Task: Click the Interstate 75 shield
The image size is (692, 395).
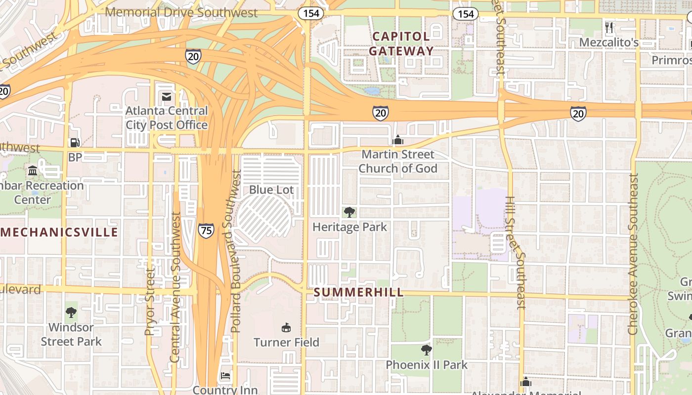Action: click(x=206, y=230)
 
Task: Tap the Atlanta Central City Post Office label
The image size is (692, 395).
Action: click(x=166, y=118)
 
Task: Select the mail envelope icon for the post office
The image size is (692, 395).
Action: click(x=166, y=97)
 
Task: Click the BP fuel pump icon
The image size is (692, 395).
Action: click(x=75, y=143)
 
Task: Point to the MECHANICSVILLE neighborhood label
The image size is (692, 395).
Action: click(x=59, y=232)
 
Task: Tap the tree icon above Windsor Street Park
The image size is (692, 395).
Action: click(x=71, y=312)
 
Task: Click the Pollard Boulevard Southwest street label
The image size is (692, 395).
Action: click(x=236, y=252)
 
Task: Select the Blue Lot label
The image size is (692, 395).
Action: click(x=271, y=190)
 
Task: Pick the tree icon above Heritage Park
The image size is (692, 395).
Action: click(x=349, y=212)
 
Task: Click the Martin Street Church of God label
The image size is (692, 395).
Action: click(x=398, y=161)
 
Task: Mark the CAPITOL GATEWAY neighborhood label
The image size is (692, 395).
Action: click(x=401, y=43)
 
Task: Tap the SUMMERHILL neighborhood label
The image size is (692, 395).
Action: click(x=359, y=292)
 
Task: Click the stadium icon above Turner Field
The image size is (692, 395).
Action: click(x=286, y=327)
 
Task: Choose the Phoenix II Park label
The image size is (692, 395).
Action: click(x=427, y=365)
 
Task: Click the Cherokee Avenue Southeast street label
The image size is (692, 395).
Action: click(x=633, y=254)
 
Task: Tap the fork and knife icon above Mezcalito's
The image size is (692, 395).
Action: click(x=609, y=27)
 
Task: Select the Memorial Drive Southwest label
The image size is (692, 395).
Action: click(x=181, y=12)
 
